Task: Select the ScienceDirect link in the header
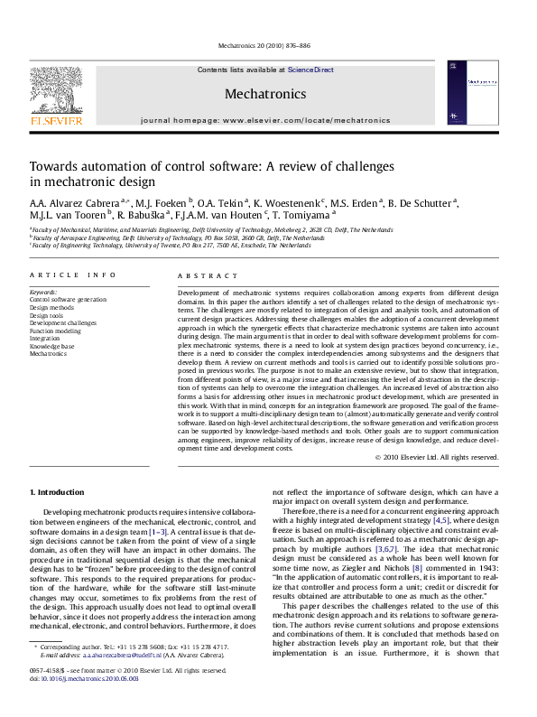pos(310,70)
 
